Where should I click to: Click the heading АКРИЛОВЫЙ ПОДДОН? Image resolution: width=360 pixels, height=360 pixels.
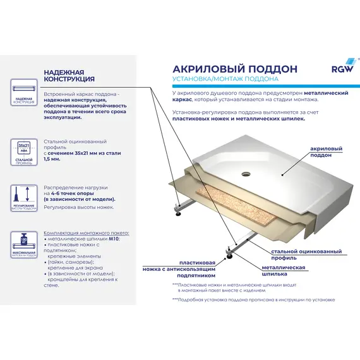click(226, 68)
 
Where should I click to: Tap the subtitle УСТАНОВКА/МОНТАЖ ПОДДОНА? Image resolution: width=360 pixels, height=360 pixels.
click(225, 80)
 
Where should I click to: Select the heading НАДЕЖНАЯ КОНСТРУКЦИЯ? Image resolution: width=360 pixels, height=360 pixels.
click(69, 76)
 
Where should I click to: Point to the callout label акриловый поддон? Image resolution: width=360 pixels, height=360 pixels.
click(327, 152)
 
